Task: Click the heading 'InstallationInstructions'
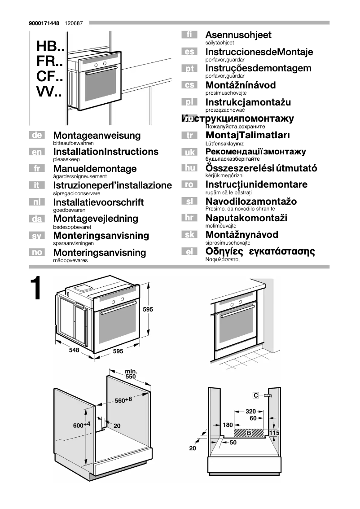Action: [x=105, y=152]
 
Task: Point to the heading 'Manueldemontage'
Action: [x=95, y=169]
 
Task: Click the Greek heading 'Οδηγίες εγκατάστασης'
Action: [x=260, y=251]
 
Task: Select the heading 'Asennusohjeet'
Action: [x=238, y=35]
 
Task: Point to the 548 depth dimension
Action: [x=74, y=351]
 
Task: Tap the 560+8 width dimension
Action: [x=123, y=400]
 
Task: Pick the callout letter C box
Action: [x=256, y=395]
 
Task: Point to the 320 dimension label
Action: [x=251, y=411]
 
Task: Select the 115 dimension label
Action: [x=275, y=432]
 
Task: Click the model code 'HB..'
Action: [x=50, y=46]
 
